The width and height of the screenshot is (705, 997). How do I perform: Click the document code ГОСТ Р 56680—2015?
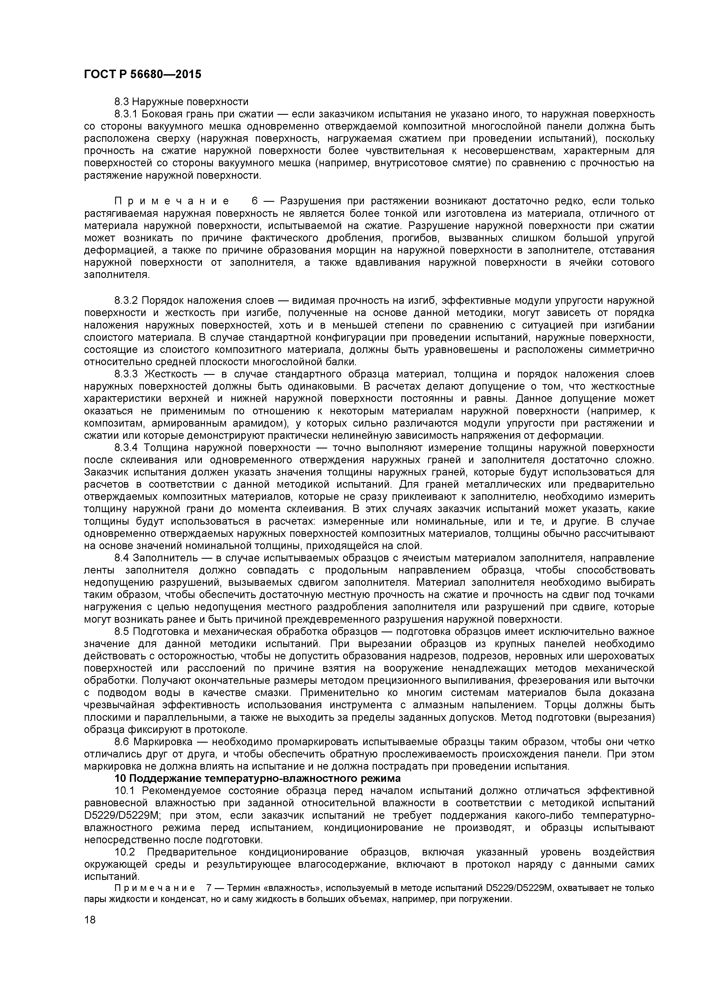click(x=142, y=74)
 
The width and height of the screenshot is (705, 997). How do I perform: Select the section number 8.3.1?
click(x=126, y=114)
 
